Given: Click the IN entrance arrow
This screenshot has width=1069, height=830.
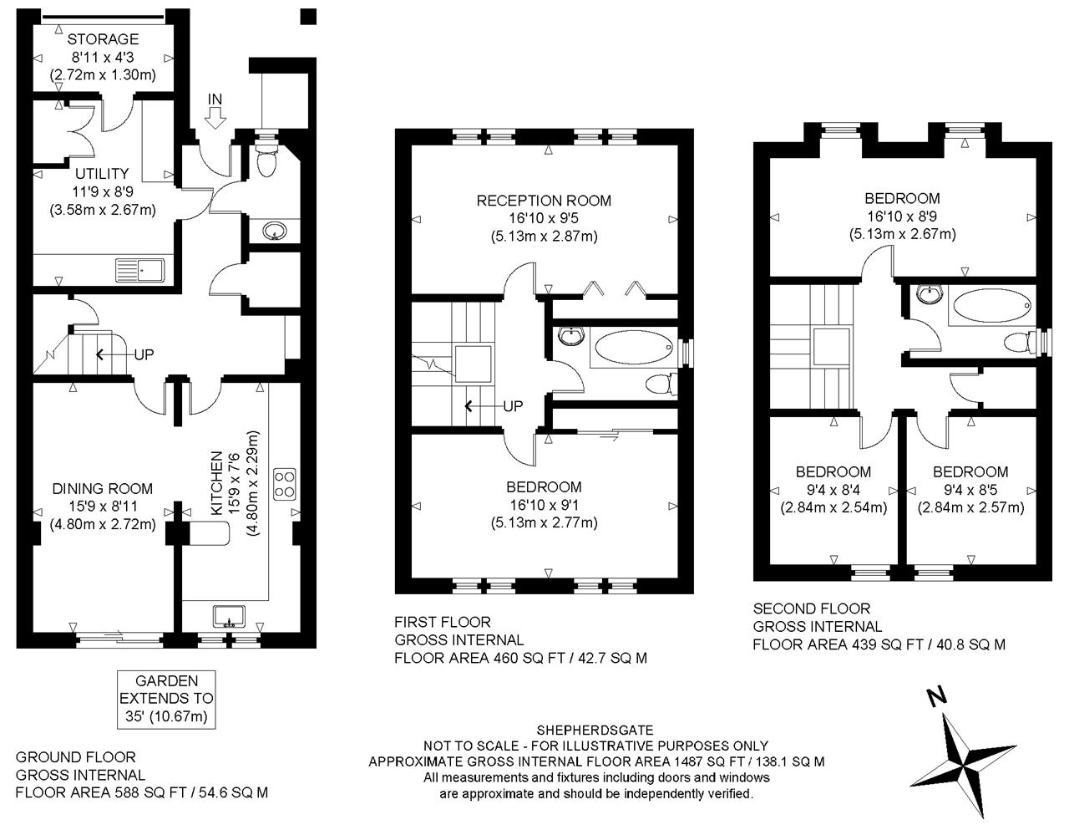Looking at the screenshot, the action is pos(215,118).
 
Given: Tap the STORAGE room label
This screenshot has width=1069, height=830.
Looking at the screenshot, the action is pos(103,39).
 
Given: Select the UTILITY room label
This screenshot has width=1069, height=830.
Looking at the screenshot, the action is pos(102,173).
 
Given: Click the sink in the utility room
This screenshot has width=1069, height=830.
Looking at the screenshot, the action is pos(140,270).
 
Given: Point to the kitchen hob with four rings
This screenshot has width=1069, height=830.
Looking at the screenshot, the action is pos(285,484).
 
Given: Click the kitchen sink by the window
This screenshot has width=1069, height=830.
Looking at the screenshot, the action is pos(229,616).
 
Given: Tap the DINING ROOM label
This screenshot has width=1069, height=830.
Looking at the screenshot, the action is pos(103,488).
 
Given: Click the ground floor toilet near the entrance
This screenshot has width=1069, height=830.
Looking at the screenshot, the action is pos(266,160).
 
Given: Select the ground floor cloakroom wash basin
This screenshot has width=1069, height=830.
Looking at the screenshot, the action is pos(275,231).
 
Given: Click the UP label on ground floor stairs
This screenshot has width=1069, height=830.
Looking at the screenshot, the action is pos(144,354).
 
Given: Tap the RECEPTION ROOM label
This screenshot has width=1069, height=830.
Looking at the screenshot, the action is pos(544,201).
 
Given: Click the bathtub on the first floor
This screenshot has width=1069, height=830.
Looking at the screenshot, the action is pos(634,347).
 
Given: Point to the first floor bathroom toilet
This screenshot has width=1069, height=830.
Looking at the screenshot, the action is pos(661,384).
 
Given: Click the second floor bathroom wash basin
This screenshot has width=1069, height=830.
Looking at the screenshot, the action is pos(930,295).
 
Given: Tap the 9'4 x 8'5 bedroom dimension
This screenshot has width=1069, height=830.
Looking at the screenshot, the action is pos(970,490).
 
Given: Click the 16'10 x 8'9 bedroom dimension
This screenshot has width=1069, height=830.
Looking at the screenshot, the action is pos(902,216).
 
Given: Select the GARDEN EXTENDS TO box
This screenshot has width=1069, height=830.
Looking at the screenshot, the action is pos(166,699).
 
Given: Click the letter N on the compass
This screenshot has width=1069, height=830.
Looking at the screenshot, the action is pos(937,695).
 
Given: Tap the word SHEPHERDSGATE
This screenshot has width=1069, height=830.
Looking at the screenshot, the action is pos(595,730).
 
